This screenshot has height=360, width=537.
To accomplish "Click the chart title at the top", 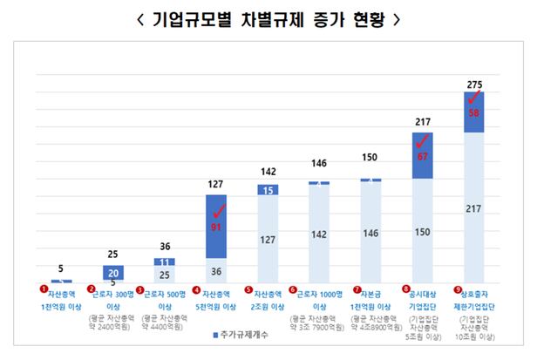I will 268,19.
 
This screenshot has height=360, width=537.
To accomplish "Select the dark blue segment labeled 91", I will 216,227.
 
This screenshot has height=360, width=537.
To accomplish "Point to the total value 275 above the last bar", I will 474,84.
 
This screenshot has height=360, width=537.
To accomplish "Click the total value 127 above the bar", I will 216,184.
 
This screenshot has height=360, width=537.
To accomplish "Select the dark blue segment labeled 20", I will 113,272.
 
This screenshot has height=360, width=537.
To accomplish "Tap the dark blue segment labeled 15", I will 268,189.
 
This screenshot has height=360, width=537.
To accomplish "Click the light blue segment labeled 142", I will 319,234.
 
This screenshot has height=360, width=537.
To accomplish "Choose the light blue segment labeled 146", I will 370,233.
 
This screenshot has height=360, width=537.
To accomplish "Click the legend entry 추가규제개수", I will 238,335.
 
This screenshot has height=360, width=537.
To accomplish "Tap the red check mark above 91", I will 219,209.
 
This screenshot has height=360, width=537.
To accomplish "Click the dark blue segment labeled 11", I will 165,262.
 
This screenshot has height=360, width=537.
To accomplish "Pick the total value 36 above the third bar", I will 165,247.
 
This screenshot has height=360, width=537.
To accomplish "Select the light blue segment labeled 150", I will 422,232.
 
